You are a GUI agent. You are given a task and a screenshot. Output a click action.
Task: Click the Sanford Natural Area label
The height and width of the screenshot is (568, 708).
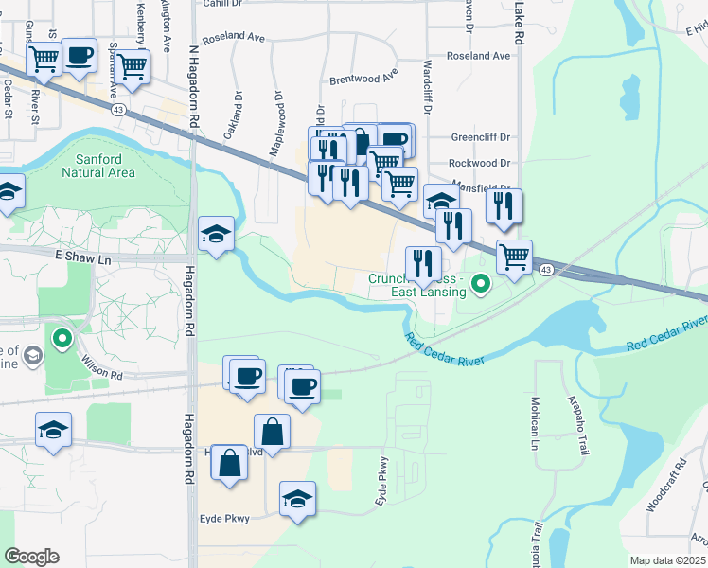point(98,166)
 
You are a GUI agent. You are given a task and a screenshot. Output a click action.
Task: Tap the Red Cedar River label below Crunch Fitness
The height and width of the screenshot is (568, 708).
point(445,349)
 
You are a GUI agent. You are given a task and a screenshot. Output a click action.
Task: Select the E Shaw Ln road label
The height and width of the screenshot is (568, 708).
point(84,256)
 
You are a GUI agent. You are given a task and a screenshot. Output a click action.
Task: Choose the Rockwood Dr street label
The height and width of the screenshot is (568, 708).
point(480,164)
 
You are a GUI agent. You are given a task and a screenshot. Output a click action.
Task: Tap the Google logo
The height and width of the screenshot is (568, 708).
point(31,557)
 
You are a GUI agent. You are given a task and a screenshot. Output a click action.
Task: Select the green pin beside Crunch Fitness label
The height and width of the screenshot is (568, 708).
point(482,282)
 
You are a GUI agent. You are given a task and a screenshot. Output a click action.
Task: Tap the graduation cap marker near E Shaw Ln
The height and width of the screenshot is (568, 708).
point(217,234)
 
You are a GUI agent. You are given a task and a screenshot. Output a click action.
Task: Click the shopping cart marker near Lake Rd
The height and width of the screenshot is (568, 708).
point(514,257)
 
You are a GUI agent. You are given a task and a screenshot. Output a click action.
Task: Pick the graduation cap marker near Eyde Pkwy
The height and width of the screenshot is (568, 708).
point(297,498)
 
